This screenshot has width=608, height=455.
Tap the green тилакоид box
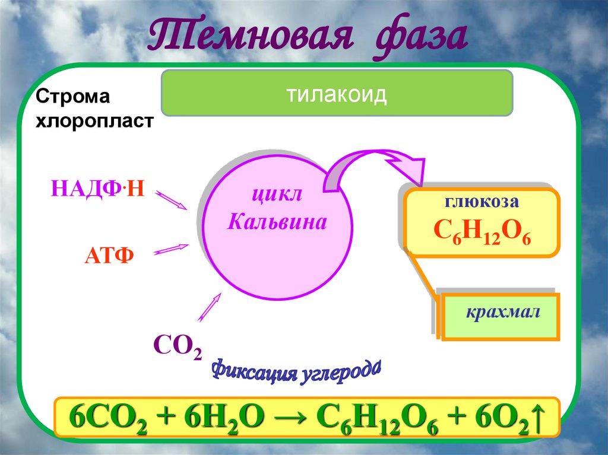[337, 94]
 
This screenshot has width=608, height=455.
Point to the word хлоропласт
[95, 121]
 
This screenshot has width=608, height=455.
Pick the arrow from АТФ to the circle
[172, 249]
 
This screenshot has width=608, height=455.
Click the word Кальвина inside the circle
[277, 222]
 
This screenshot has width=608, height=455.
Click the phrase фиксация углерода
[296, 370]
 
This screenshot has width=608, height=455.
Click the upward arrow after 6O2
[537, 416]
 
